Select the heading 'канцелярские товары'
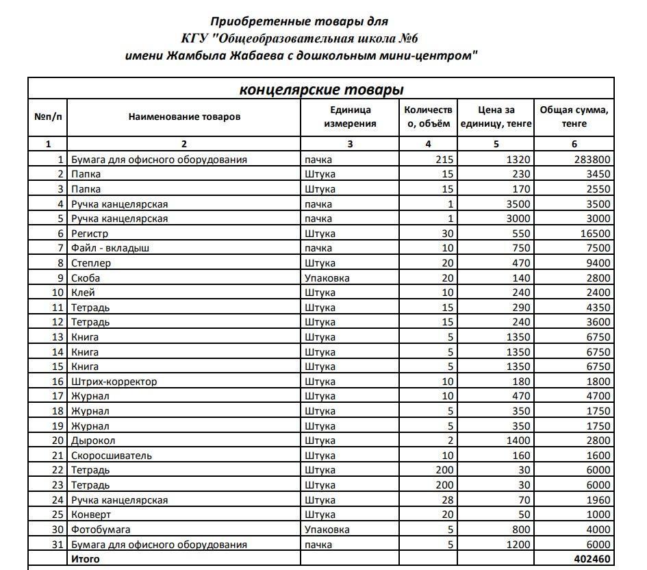[321, 90]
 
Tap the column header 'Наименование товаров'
[184, 116]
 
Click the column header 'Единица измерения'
[350, 116]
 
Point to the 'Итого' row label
[86, 559]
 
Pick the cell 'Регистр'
[90, 234]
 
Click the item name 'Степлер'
[91, 263]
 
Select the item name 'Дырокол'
[93, 441]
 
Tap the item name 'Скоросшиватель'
[112, 456]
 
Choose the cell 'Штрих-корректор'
[114, 382]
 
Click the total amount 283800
[592, 160]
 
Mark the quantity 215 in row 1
[444, 160]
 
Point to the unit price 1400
[518, 441]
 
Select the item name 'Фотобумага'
[101, 530]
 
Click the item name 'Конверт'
[91, 515]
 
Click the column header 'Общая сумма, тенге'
[574, 116]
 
